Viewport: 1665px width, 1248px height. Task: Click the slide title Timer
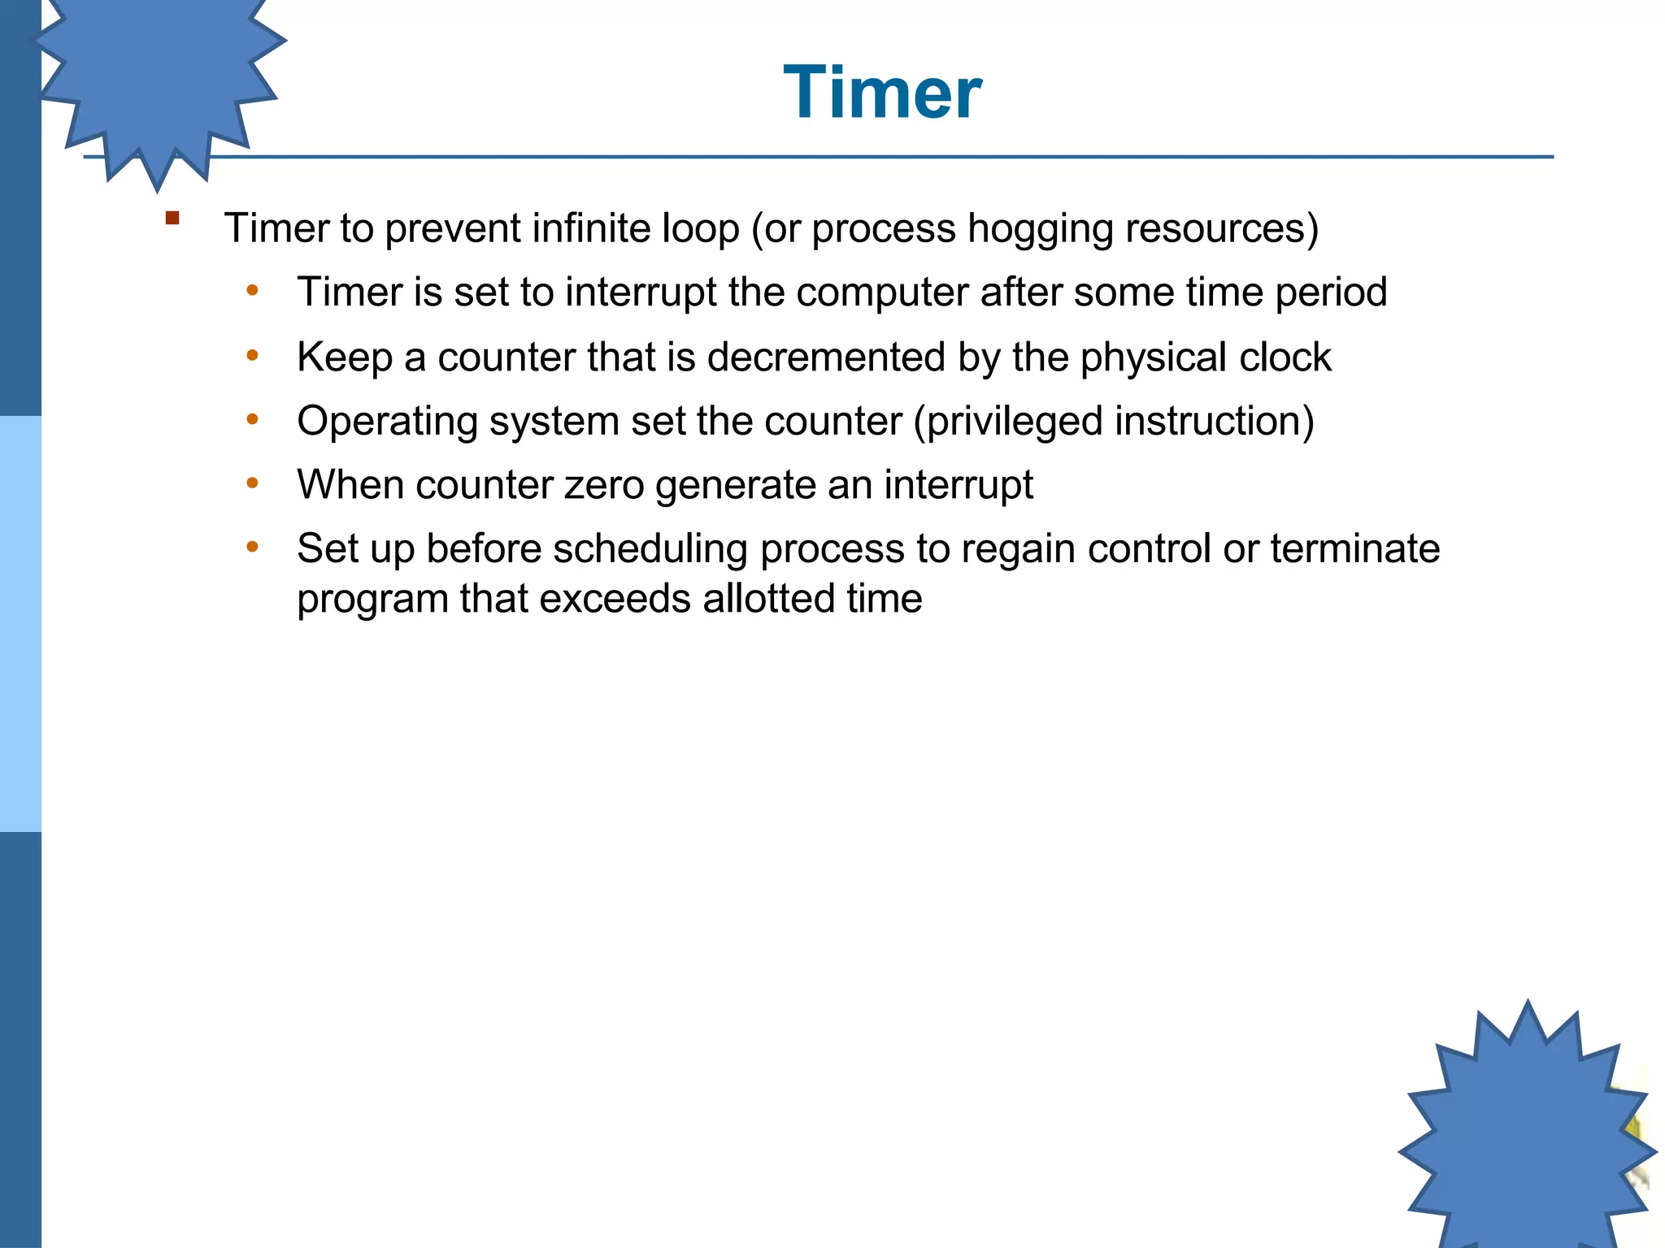click(x=882, y=93)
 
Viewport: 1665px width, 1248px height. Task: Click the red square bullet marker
click(x=172, y=218)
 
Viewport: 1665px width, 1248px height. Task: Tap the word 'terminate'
click(x=1354, y=548)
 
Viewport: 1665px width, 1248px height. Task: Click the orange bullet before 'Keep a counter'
click(x=253, y=356)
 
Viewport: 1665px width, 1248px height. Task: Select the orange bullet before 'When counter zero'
click(x=253, y=483)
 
